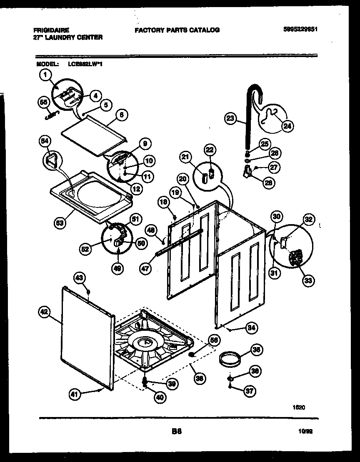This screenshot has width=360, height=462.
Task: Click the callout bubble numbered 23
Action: tap(230, 118)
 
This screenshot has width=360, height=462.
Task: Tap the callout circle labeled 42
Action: tap(45, 311)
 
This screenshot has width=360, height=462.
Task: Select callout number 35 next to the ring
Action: tap(257, 350)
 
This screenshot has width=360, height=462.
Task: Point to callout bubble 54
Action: tap(44, 141)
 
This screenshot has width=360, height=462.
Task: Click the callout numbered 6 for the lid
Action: tap(121, 116)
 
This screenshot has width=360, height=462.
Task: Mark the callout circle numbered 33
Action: tap(308, 280)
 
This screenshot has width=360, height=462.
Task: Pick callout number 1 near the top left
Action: tap(45, 75)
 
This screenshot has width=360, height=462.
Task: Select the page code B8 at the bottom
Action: tap(177, 432)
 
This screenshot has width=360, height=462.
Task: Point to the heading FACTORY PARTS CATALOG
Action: tap(177, 30)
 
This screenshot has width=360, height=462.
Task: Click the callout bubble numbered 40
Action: tap(160, 397)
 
